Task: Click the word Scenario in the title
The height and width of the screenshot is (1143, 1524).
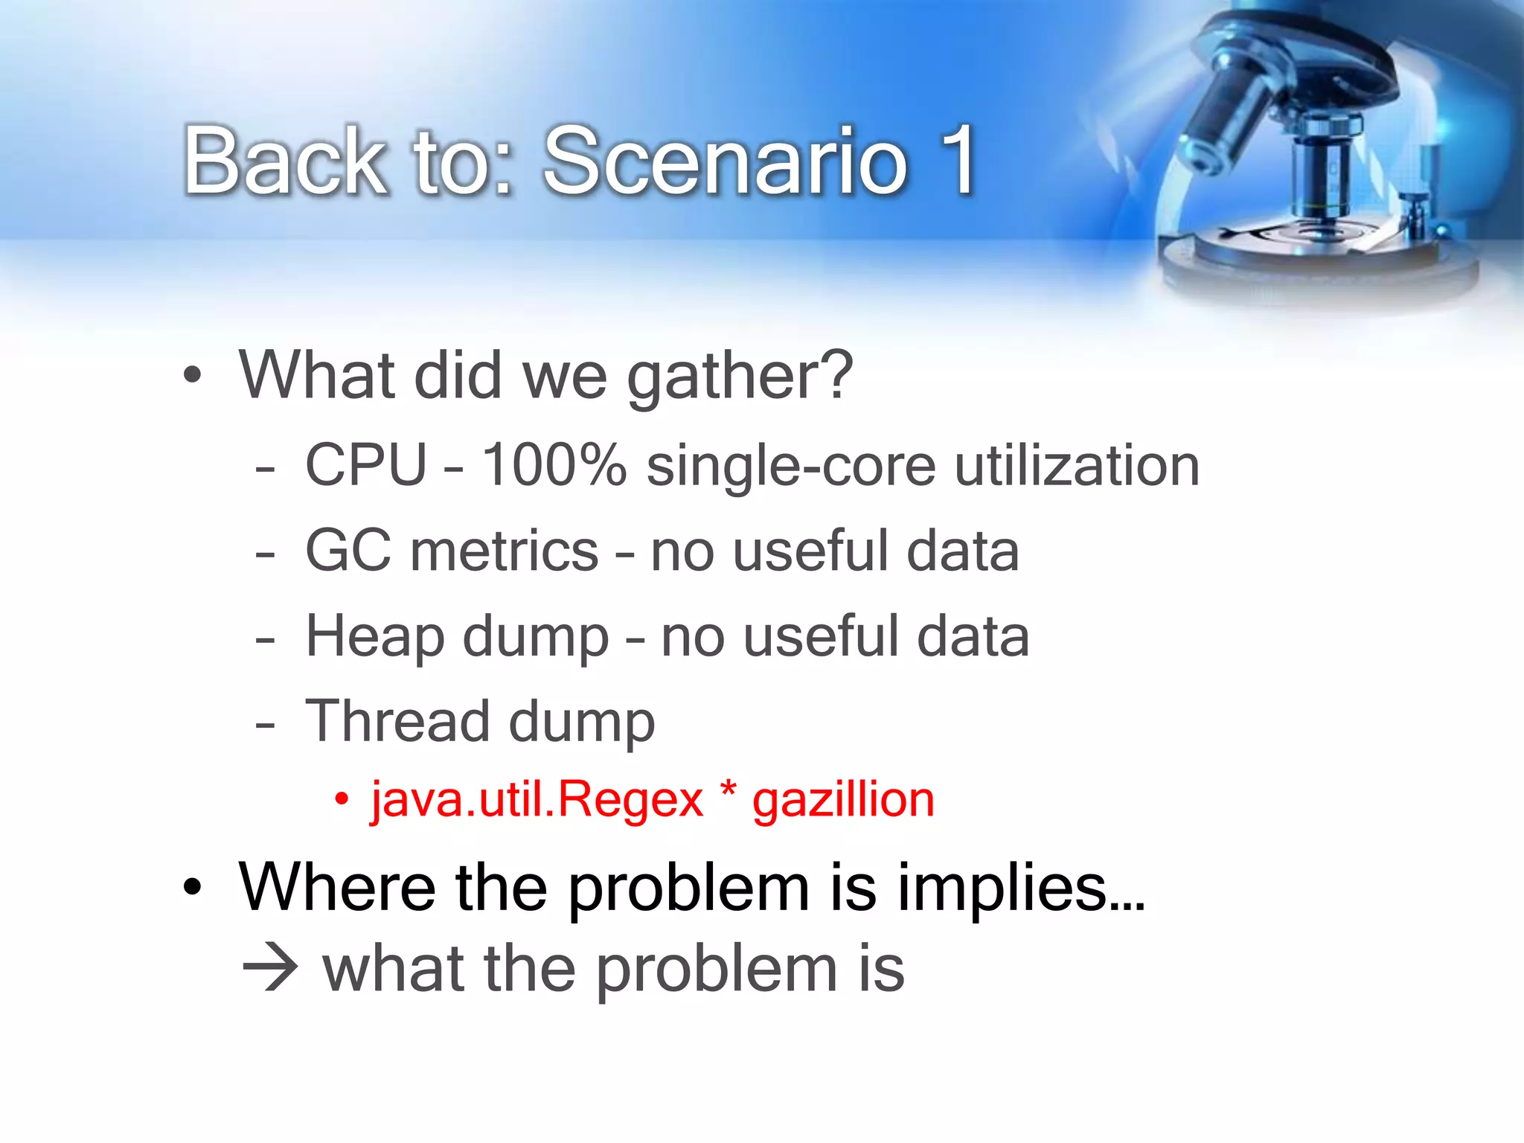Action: pyautogui.click(x=726, y=161)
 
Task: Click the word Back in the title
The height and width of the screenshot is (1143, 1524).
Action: pyautogui.click(x=285, y=161)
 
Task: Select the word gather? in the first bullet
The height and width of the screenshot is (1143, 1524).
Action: pyautogui.click(x=740, y=378)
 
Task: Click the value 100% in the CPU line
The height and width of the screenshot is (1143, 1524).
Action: pyautogui.click(x=554, y=465)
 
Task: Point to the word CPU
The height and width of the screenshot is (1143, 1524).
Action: pyautogui.click(x=366, y=465)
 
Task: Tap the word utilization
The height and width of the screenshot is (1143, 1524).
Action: pyautogui.click(x=1077, y=465)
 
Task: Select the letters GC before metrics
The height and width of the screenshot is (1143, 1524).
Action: pyautogui.click(x=348, y=551)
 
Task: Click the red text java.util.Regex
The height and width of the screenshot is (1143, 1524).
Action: pyautogui.click(x=537, y=801)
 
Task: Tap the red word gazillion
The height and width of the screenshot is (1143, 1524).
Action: pyautogui.click(x=843, y=801)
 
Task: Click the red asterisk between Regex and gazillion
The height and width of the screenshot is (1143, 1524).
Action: pyautogui.click(x=729, y=790)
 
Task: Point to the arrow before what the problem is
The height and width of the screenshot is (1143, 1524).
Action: pyautogui.click(x=271, y=970)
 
